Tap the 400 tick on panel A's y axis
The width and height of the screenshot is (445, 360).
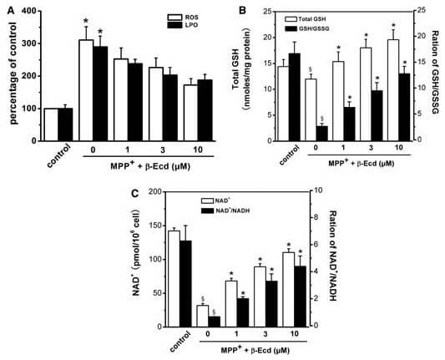click(28, 13)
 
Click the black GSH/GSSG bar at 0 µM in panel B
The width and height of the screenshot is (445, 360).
click(321, 134)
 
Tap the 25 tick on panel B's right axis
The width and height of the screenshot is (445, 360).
click(422, 11)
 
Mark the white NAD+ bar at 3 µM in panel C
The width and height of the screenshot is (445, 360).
click(260, 297)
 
